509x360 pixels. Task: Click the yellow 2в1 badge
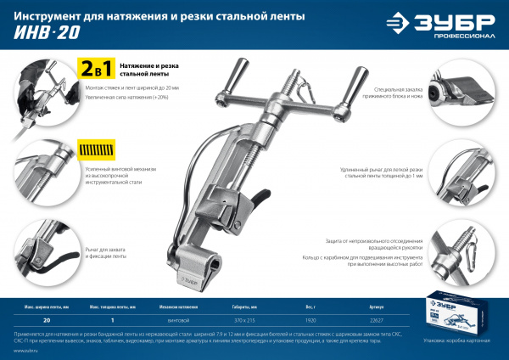[93, 69]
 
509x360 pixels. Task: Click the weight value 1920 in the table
[335, 321]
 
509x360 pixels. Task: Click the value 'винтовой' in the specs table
[177, 321]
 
